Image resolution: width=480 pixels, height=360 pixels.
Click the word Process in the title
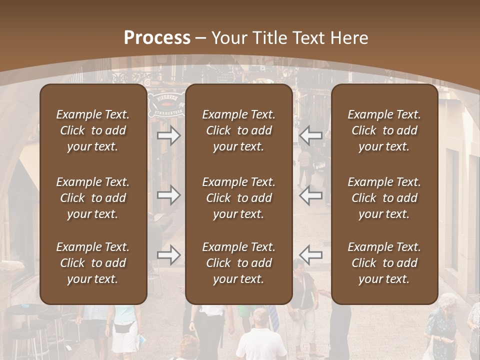(x=157, y=38)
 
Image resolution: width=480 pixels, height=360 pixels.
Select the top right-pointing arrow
(x=169, y=135)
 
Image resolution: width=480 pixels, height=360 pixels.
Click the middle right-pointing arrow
(x=169, y=195)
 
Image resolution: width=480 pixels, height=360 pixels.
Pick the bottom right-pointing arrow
(x=169, y=255)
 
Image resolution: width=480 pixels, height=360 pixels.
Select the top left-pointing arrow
(x=311, y=135)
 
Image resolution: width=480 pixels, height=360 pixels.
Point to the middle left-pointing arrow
(x=311, y=195)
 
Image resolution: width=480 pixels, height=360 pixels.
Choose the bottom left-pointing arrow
(x=311, y=255)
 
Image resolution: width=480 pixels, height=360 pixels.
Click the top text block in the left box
(x=93, y=130)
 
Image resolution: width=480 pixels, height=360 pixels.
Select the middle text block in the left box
(x=93, y=198)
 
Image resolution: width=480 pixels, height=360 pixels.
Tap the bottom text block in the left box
(x=93, y=263)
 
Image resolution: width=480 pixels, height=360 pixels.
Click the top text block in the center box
(x=239, y=130)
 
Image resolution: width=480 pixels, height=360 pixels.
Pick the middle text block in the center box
(x=239, y=198)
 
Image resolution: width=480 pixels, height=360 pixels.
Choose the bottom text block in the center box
(x=239, y=263)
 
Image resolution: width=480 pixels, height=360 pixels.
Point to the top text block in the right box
(x=384, y=130)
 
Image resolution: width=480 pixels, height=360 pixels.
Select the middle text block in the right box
(x=384, y=198)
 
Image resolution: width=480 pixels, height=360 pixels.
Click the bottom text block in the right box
(x=384, y=263)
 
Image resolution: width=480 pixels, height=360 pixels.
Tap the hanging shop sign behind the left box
(x=166, y=103)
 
